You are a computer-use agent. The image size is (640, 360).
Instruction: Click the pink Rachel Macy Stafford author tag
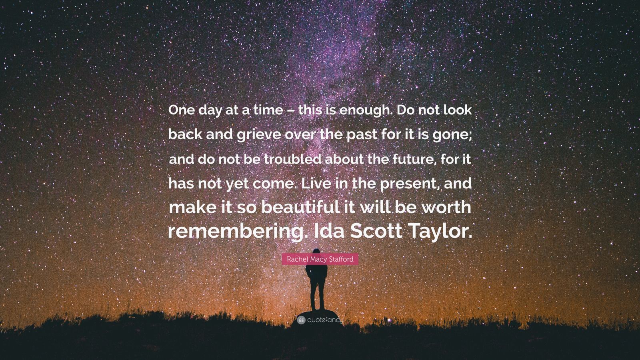[320, 259]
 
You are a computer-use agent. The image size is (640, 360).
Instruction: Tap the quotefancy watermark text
[325, 320]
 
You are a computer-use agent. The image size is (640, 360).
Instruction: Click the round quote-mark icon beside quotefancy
[301, 320]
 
